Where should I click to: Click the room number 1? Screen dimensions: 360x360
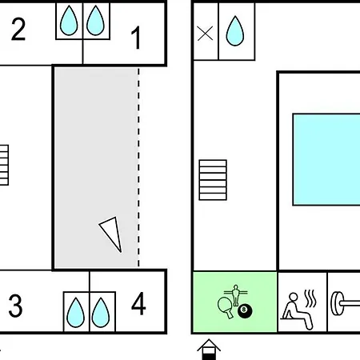pyautogui.click(x=136, y=38)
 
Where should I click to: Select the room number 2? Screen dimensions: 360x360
pyautogui.click(x=18, y=29)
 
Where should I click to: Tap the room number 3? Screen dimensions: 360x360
pyautogui.click(x=15, y=306)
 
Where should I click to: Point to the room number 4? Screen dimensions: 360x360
pyautogui.click(x=138, y=303)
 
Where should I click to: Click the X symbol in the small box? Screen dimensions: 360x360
pyautogui.click(x=205, y=34)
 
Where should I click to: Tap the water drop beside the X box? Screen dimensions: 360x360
pyautogui.click(x=235, y=31)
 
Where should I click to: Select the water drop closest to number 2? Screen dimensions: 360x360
pyautogui.click(x=69, y=21)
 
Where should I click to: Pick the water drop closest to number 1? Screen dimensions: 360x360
pyautogui.click(x=95, y=21)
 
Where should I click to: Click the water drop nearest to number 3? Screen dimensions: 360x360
pyautogui.click(x=75, y=313)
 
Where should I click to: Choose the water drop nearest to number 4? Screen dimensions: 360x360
pyautogui.click(x=101, y=313)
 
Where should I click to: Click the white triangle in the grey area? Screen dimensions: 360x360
pyautogui.click(x=112, y=233)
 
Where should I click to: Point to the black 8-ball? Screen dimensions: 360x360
pyautogui.click(x=245, y=311)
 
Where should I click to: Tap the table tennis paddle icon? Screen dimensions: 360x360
pyautogui.click(x=225, y=306)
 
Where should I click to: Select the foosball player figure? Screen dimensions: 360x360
pyautogui.click(x=235, y=295)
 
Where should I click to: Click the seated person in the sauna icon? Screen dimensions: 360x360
pyautogui.click(x=297, y=310)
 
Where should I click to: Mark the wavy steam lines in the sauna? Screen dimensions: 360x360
pyautogui.click(x=310, y=298)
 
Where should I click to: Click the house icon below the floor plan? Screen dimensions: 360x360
pyautogui.click(x=209, y=350)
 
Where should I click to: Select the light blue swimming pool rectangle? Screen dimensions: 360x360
pyautogui.click(x=326, y=159)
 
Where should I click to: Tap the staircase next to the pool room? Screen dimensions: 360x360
pyautogui.click(x=213, y=180)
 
